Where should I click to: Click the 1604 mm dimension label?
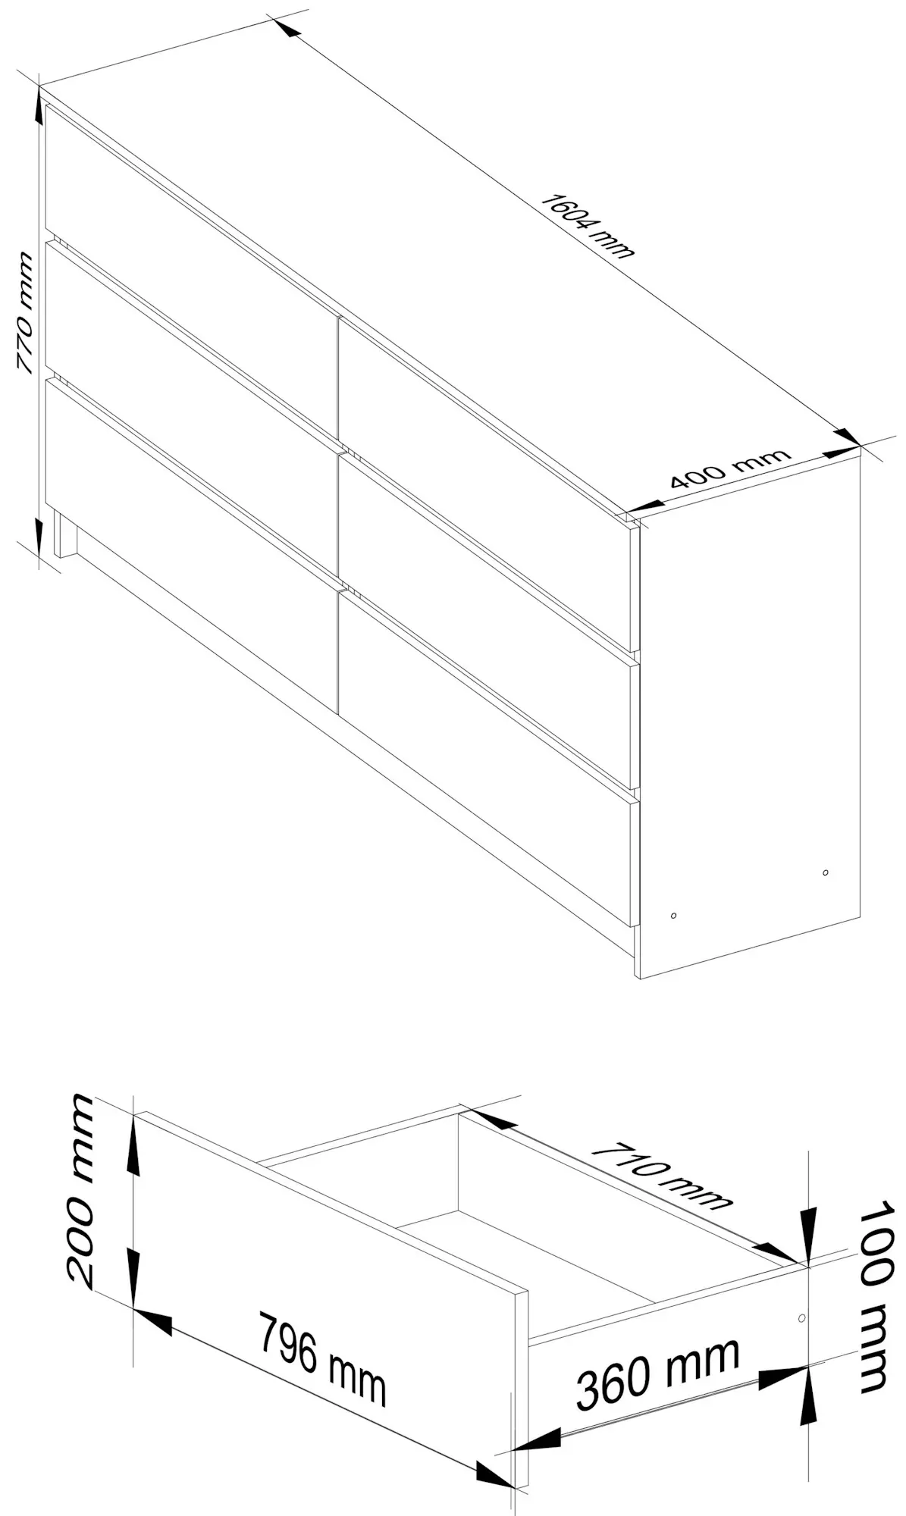click(x=587, y=226)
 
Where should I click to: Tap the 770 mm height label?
click(x=25, y=313)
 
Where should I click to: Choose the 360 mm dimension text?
click(x=657, y=1373)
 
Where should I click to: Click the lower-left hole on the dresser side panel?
click(x=674, y=916)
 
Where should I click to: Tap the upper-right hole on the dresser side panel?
click(x=826, y=872)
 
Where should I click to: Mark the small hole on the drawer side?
click(x=802, y=1318)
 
